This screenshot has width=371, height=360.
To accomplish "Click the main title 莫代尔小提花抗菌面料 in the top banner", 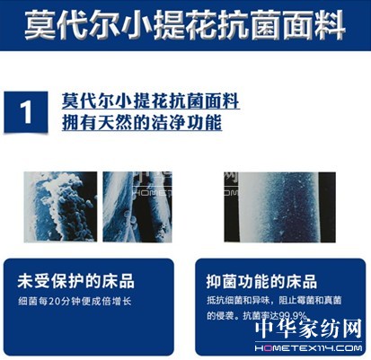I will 186,24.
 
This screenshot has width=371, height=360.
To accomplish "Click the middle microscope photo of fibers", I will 135,208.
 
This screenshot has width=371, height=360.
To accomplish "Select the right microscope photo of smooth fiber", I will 279,208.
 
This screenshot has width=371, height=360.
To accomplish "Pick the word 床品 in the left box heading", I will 118,280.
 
